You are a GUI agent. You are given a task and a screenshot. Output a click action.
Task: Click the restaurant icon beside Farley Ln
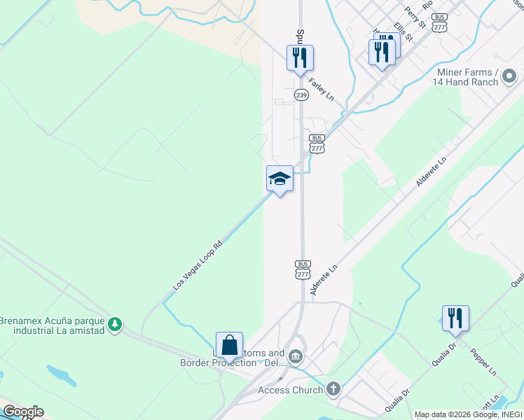click(300, 57)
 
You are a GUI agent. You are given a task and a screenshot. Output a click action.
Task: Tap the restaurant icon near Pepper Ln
click(455, 318)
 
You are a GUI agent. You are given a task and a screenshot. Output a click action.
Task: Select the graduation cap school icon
click(280, 178)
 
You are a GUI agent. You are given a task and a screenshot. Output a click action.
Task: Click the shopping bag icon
click(229, 344)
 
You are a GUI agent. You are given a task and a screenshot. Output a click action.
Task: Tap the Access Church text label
click(290, 390)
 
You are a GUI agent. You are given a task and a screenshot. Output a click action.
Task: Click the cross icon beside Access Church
click(333, 388)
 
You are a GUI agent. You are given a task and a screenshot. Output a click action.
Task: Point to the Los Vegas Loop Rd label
click(198, 267)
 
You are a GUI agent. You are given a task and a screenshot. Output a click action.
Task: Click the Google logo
click(22, 412)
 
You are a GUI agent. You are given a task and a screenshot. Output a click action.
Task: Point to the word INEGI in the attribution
click(509, 414)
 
